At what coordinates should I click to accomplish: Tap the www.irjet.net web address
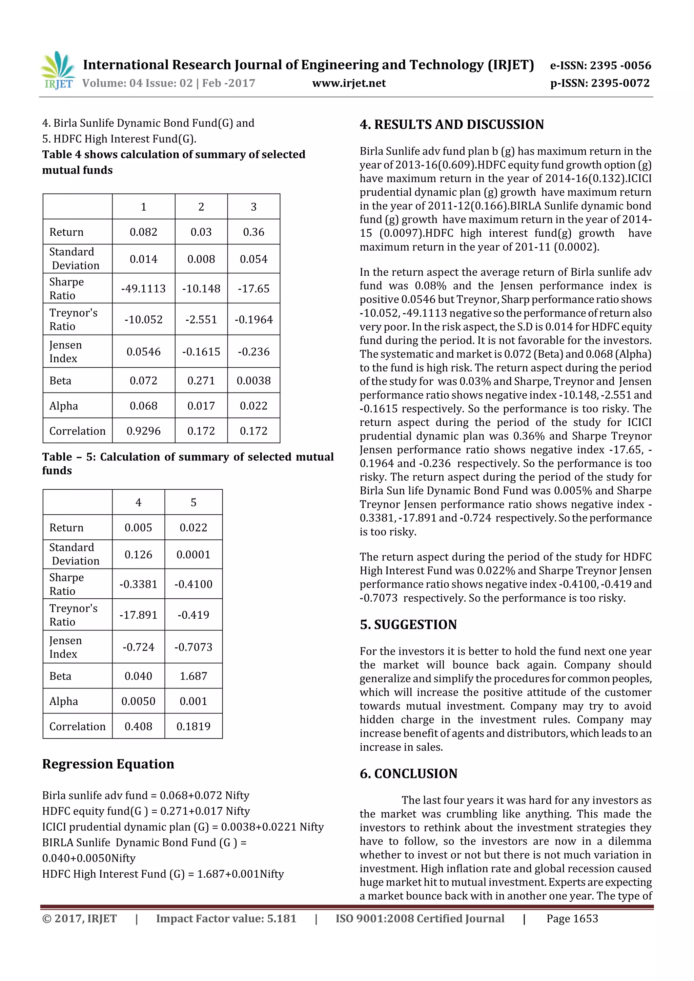(349, 83)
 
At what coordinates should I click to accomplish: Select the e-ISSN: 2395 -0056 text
(600, 65)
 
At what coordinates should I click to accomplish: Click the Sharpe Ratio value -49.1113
(143, 289)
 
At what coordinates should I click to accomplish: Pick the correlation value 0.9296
(143, 431)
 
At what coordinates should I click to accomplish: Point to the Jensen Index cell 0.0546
(143, 351)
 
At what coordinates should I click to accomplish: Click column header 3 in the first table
(253, 207)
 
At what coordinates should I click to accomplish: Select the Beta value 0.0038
(253, 381)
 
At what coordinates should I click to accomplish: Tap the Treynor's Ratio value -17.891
(138, 615)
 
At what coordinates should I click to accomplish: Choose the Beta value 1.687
(193, 676)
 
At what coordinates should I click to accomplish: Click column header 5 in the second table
(193, 503)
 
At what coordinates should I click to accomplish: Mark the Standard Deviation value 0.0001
(193, 555)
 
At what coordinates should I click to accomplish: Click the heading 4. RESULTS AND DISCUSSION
(452, 125)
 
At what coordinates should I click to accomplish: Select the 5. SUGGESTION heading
(408, 625)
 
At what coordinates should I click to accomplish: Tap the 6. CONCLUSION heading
(408, 774)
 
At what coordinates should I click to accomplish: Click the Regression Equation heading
(108, 764)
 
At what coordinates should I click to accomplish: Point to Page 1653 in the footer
(572, 919)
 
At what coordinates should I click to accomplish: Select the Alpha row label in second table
(64, 701)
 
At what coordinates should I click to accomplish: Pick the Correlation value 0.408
(138, 726)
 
